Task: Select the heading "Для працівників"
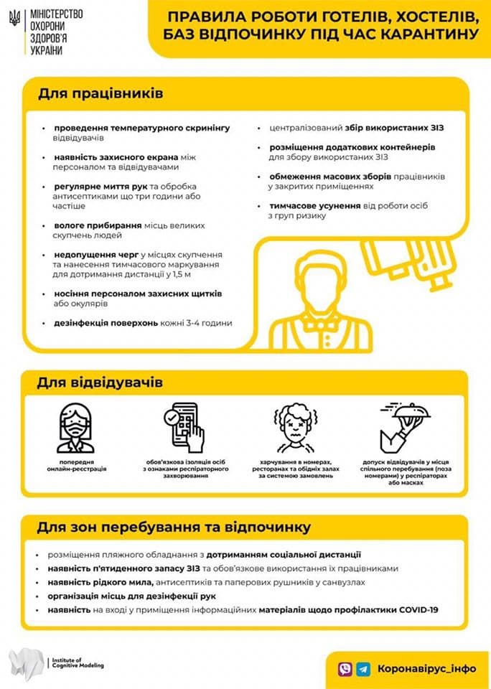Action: click(x=100, y=94)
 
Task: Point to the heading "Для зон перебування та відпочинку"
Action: click(x=174, y=527)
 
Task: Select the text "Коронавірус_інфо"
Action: click(x=426, y=667)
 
